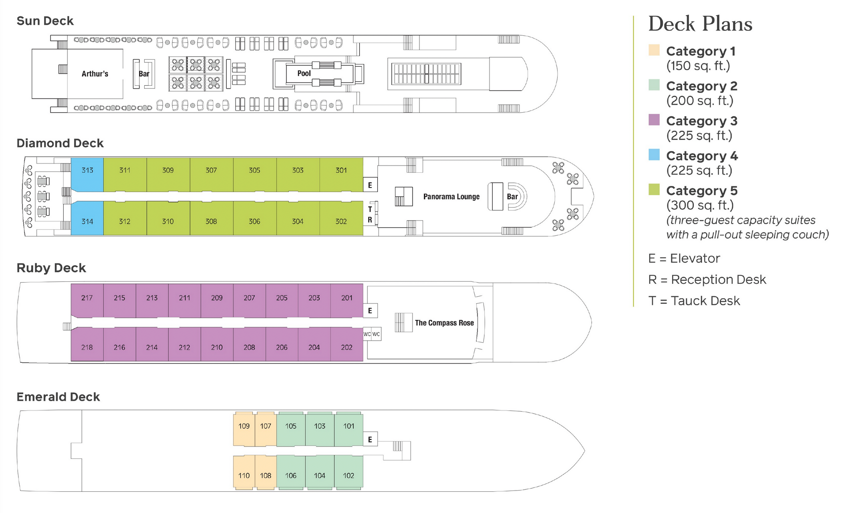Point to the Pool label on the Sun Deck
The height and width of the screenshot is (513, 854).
point(304,73)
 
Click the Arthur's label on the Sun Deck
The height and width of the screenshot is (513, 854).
point(95,74)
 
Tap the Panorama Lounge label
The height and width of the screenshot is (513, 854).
point(451,197)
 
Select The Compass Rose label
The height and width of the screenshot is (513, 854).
point(444,323)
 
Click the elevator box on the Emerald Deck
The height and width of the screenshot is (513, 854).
point(370,440)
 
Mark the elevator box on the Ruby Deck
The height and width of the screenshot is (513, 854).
point(370,311)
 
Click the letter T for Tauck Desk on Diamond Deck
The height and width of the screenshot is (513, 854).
point(370,209)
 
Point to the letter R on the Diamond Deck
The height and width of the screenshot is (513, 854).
point(370,220)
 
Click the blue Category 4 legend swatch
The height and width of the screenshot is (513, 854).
point(654,155)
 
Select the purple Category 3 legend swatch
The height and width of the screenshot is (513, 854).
point(654,120)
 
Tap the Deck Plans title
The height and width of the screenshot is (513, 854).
point(700,24)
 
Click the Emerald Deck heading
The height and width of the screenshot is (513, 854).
point(58,397)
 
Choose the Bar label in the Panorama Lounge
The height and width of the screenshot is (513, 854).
point(512,197)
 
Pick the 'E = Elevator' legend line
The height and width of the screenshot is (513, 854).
point(684,259)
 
